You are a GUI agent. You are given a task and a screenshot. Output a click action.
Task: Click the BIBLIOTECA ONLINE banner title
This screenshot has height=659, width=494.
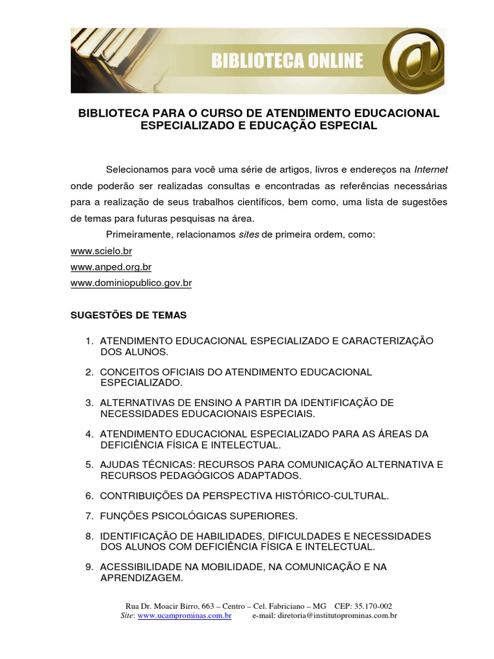pos(287,62)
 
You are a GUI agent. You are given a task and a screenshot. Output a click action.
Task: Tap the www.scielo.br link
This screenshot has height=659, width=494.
pos(101,251)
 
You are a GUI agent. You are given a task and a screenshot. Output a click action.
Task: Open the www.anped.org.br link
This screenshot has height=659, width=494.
pos(111,266)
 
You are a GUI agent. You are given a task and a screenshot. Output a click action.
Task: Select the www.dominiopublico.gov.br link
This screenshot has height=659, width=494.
pos(131,283)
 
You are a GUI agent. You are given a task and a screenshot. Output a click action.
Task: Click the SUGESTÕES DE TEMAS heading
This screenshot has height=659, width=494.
pos(128,315)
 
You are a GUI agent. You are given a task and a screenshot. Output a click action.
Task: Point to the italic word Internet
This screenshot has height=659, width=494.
pos(430,170)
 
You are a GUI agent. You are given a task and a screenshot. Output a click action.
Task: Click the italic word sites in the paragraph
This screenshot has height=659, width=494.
pos(248,235)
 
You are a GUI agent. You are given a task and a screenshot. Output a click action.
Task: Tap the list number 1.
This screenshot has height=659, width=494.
pos(89,340)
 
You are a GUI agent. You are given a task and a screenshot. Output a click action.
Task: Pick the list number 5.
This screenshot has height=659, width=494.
pos(89,465)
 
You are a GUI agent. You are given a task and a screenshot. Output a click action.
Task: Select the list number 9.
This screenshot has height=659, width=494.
pos(89,568)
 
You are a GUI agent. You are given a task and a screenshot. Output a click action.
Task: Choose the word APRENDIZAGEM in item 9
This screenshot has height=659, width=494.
pos(142,578)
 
